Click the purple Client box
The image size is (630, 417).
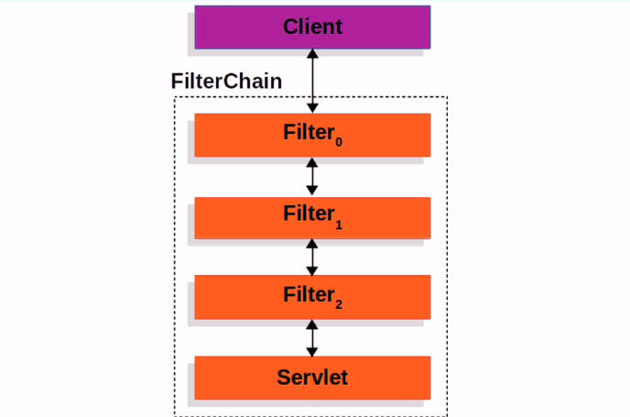(312, 27)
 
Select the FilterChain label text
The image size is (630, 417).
(226, 81)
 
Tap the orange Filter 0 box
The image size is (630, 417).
(312, 135)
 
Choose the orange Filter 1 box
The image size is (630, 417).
(312, 216)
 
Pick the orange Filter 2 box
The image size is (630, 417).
(312, 297)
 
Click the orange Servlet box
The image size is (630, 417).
(312, 377)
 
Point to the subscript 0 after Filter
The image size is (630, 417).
(338, 142)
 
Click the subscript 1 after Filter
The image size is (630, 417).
(338, 223)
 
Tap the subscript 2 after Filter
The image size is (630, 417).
(338, 303)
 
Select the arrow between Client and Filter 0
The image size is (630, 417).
(312, 82)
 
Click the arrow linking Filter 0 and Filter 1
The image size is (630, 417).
(312, 176)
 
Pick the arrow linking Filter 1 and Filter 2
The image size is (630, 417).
(312, 257)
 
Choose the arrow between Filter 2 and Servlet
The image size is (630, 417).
(312, 337)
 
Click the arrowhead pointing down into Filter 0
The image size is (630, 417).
(312, 108)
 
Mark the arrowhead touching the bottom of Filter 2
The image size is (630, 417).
(312, 325)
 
